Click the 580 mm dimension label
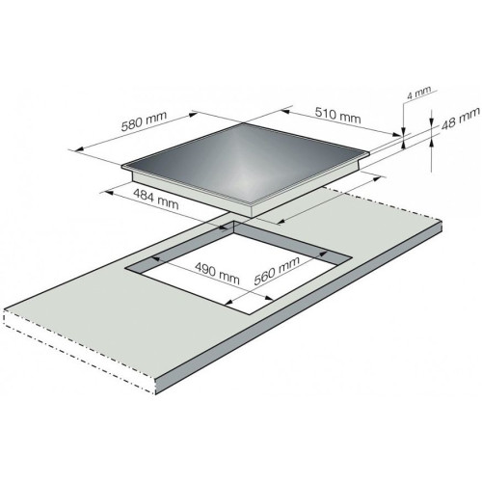tap(144, 120)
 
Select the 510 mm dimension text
tap(337, 116)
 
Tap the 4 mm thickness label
tap(418, 93)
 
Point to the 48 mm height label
tap(461, 119)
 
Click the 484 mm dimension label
tap(156, 200)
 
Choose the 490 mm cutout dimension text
tap(218, 274)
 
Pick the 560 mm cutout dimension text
tap(277, 271)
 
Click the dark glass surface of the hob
tap(244, 162)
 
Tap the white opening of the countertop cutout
tap(239, 277)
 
